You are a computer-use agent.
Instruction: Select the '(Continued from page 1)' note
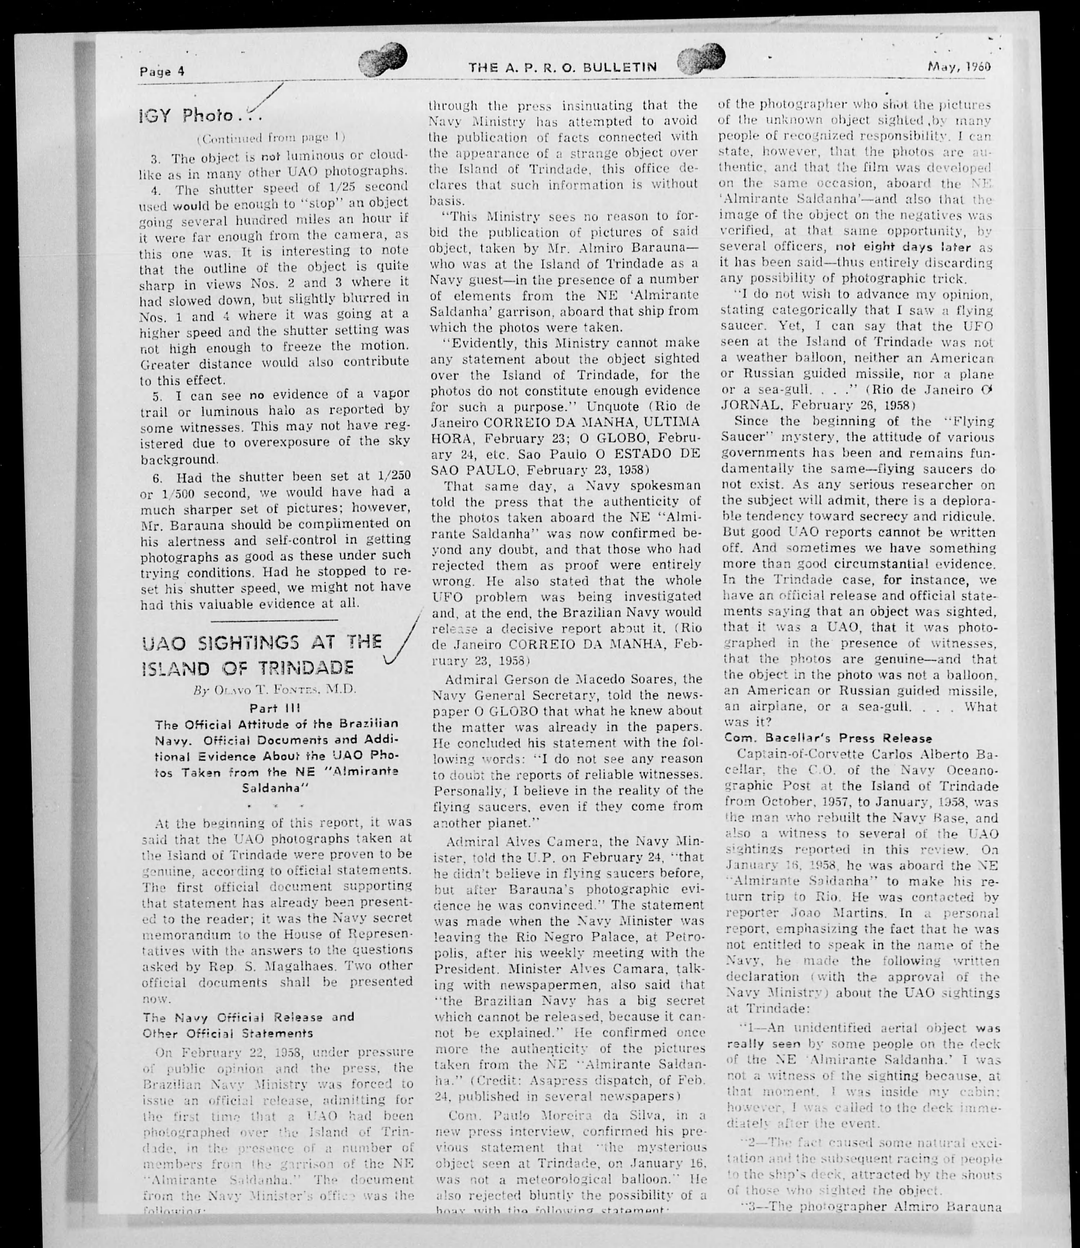pyautogui.click(x=271, y=137)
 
